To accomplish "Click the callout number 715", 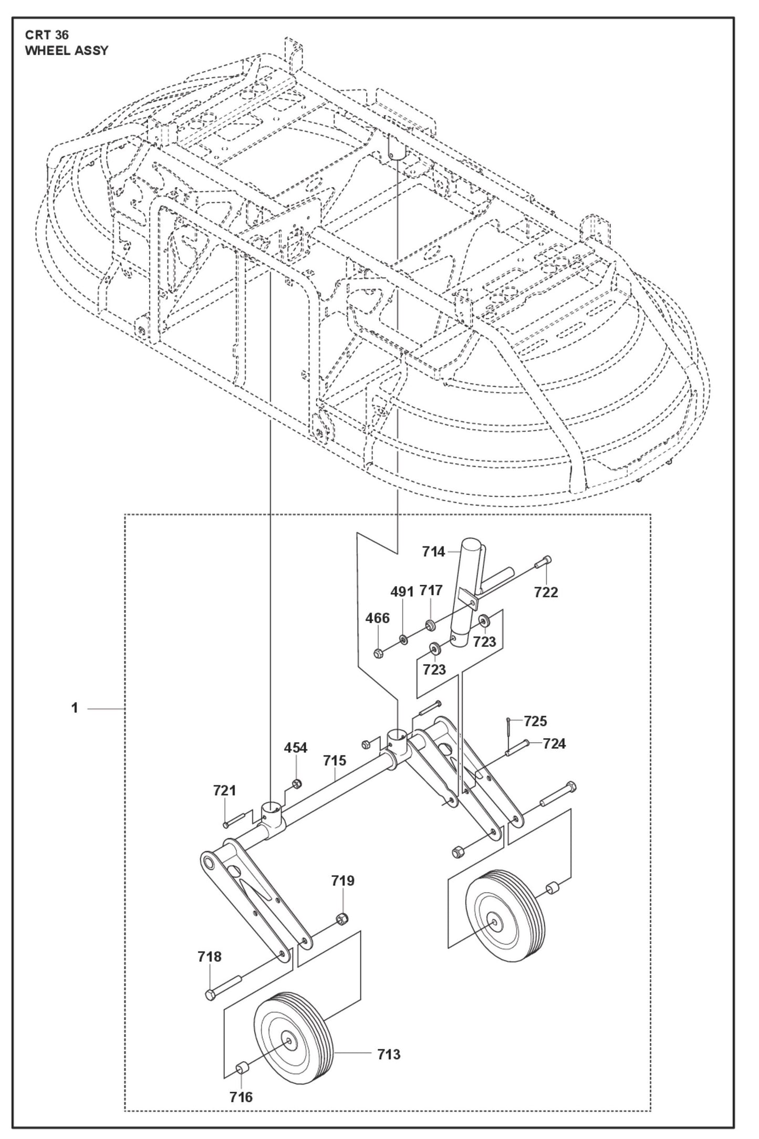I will (x=335, y=760).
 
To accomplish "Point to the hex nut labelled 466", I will (x=378, y=653).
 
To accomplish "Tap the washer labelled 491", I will (x=403, y=639).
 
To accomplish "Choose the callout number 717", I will (x=431, y=591).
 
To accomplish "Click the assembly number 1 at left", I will (x=75, y=708).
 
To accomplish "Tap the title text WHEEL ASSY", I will (x=67, y=51).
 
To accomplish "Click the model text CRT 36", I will (x=47, y=35).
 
